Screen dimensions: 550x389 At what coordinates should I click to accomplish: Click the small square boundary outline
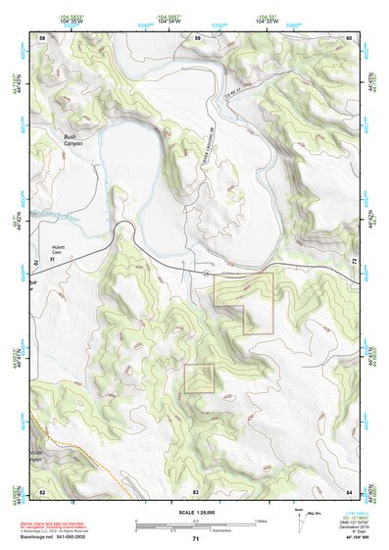click(x=199, y=378)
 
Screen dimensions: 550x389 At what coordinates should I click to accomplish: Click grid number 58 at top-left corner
click(x=41, y=37)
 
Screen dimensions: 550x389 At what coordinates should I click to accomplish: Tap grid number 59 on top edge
click(x=197, y=37)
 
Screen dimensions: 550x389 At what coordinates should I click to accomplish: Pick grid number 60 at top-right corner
click(x=349, y=37)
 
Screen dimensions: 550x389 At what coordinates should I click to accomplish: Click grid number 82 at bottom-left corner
click(x=41, y=490)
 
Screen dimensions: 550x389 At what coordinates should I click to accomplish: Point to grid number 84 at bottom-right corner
click(x=349, y=490)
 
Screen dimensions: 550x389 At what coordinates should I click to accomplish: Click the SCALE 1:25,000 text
click(x=196, y=512)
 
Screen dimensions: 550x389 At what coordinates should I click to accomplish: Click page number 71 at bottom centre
click(x=195, y=539)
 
